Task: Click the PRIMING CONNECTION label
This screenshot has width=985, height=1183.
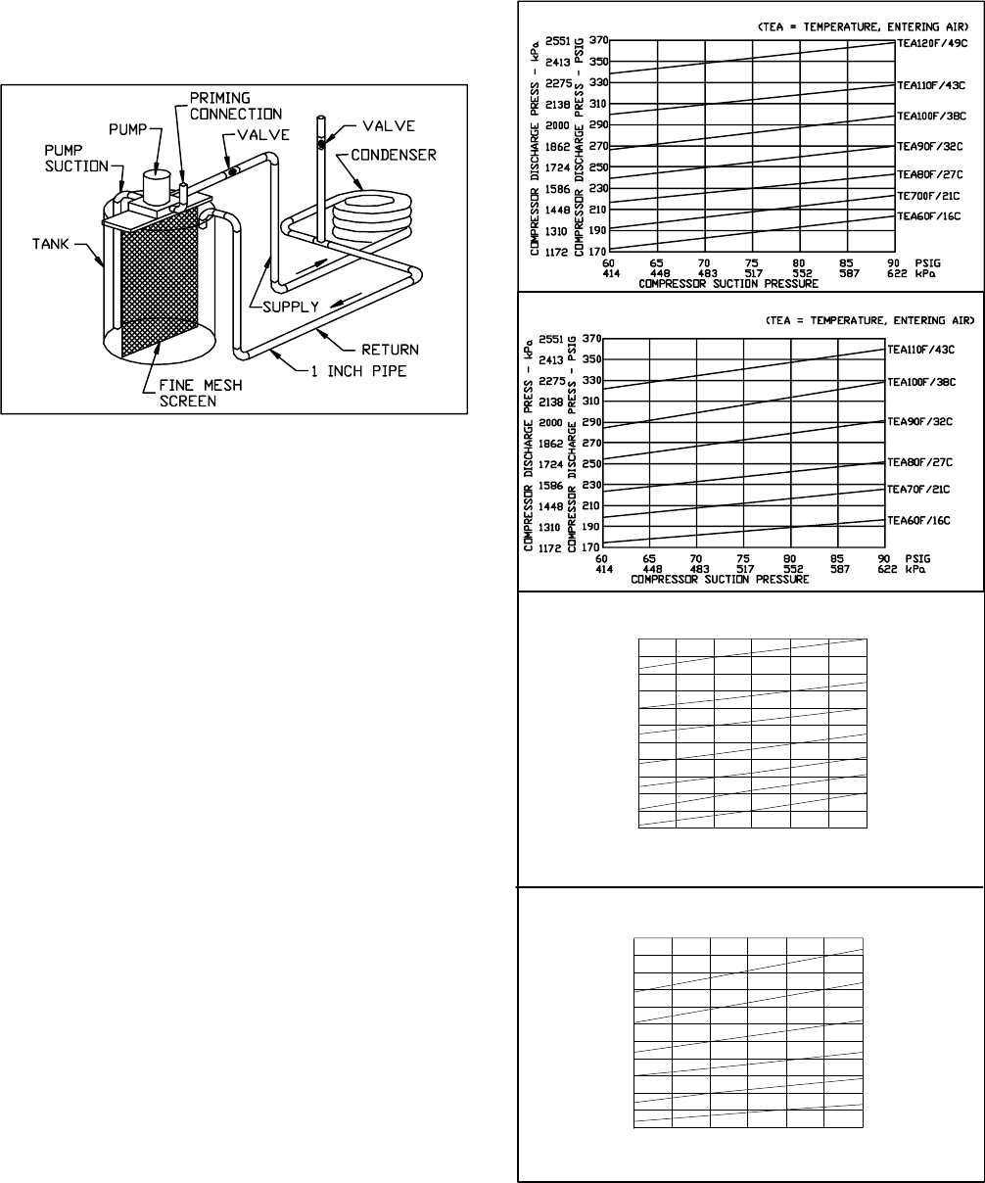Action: (220, 107)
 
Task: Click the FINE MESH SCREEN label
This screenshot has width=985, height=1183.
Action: (202, 394)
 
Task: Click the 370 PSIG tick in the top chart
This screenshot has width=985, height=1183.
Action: (597, 40)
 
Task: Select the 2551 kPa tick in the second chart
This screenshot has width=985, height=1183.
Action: (547, 338)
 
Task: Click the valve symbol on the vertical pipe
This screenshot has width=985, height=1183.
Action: (320, 144)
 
